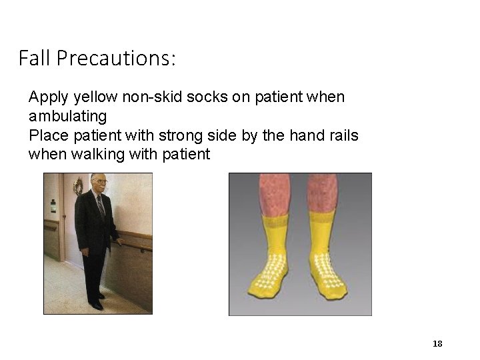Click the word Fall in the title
pos(35,59)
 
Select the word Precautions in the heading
pos(116,59)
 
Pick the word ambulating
pos(67,117)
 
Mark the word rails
pos(341,136)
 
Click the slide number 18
pos(437,344)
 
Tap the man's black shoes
pos(97,303)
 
